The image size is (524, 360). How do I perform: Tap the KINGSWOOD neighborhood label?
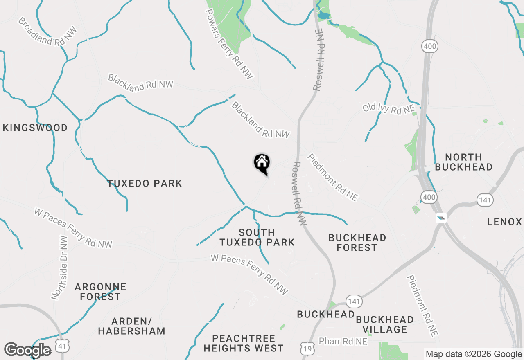pos(35,128)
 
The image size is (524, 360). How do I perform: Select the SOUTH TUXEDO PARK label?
pos(257,237)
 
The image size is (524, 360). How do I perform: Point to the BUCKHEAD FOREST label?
pos(357,243)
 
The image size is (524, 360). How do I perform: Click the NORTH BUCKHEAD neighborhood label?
pos(463,162)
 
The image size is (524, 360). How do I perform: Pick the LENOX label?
pos(504,222)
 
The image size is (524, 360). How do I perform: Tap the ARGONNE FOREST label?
pos(100,292)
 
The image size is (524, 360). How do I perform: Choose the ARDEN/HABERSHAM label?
pos(131,326)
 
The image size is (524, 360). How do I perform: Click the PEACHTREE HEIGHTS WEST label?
pos(244,344)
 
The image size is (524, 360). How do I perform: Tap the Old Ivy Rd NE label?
pos(389,108)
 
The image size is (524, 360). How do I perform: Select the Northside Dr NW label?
pos(59,268)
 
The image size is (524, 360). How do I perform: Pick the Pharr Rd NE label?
pos(343,341)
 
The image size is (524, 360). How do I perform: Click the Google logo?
pos(28,350)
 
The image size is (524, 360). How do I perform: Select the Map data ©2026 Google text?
pos(474,354)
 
